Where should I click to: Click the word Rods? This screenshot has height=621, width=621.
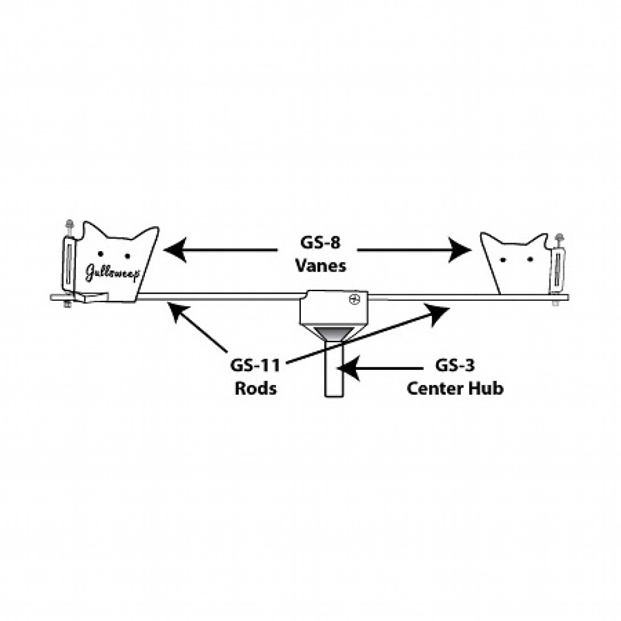tap(255, 388)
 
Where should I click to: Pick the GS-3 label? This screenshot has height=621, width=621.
tap(455, 366)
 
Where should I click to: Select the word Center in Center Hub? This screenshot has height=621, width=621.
tap(435, 388)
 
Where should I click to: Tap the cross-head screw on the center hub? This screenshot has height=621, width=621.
tap(354, 299)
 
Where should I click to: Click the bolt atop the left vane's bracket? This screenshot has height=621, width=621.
tap(70, 224)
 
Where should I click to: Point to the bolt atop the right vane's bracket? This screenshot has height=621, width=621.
tap(559, 238)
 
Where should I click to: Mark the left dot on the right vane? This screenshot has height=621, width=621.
tap(503, 260)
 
